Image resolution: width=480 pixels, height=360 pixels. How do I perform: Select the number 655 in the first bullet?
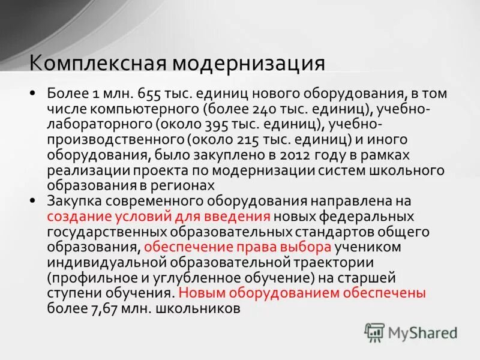coord(148,94)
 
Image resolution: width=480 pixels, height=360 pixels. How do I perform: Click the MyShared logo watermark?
coord(411,332)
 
